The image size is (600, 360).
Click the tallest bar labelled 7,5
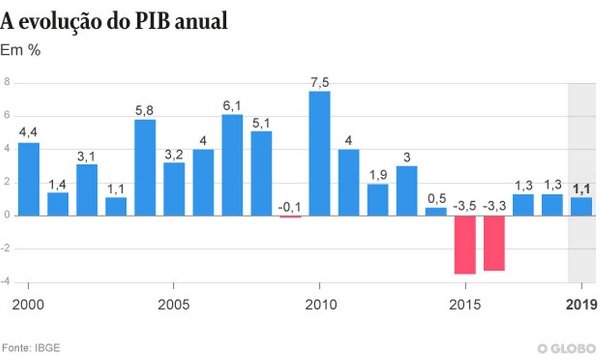point(319,153)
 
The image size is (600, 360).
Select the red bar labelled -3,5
point(465,245)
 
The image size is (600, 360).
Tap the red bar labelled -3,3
point(494,243)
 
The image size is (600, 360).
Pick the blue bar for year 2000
point(29,179)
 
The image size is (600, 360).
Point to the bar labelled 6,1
point(232,165)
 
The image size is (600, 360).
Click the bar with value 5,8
point(145,167)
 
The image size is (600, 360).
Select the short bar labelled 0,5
point(436,211)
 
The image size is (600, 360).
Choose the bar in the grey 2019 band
point(581,207)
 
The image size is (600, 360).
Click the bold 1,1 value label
point(581,189)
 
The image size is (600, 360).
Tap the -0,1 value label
point(290,207)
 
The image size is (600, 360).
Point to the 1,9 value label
point(378,176)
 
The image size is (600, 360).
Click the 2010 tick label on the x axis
point(319,304)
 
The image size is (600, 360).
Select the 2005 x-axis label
point(173,304)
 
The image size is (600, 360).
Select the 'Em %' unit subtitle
point(20,50)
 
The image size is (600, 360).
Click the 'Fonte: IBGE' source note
point(31,348)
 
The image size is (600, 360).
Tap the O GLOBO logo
point(566,348)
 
